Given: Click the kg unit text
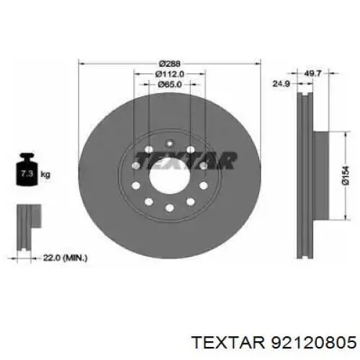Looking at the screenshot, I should pyautogui.click(x=45, y=174).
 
